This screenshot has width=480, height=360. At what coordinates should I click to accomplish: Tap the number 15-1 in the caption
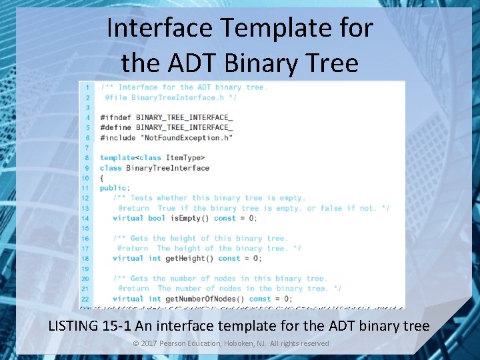123,326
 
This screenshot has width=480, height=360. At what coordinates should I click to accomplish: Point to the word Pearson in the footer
179,343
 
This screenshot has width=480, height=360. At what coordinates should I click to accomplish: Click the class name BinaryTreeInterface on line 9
167,167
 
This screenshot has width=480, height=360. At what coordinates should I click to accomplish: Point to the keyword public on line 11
113,188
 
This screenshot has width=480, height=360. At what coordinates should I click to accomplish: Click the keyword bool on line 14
157,218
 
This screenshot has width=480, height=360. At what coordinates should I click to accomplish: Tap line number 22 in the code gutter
85,299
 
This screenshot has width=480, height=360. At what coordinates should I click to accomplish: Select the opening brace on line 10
102,178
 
